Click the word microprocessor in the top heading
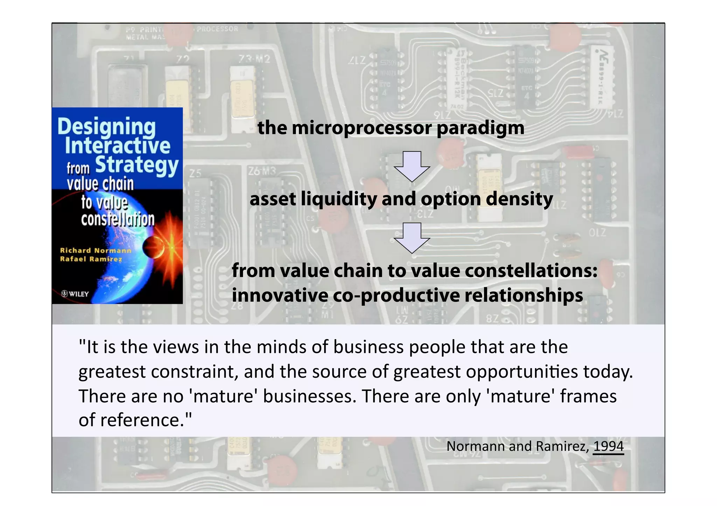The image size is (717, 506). pos(362,128)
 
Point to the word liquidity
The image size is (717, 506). pos(339,199)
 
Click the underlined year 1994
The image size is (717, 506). pos(608,447)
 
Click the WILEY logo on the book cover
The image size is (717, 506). pos(75,294)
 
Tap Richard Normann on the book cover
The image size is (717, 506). pos(95,250)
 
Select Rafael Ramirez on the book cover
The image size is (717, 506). pos(91,259)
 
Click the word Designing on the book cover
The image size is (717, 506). pos(106,127)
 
